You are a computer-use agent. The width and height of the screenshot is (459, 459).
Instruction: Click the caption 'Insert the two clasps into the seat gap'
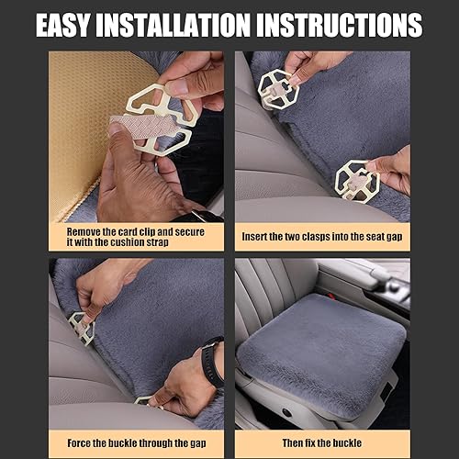coord(322,236)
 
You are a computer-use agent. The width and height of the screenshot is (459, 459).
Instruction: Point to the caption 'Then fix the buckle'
coord(322,442)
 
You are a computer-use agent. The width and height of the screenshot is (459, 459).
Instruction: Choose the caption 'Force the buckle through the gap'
coord(136,442)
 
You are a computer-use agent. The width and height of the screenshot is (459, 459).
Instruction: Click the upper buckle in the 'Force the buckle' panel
coord(81,326)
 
